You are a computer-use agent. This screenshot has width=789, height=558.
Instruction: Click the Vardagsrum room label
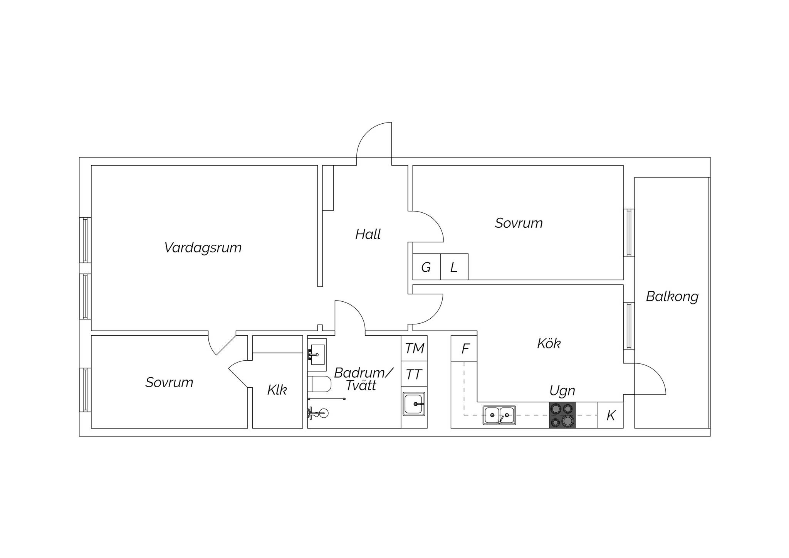pyautogui.click(x=203, y=248)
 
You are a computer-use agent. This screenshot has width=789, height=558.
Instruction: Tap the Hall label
pyautogui.click(x=368, y=234)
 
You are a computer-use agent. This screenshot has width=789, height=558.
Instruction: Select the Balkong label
pyautogui.click(x=672, y=297)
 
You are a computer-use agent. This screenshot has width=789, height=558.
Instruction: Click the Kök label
pyautogui.click(x=549, y=343)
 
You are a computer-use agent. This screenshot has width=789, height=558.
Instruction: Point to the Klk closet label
pyautogui.click(x=277, y=390)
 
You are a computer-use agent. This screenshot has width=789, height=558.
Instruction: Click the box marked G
pyautogui.click(x=426, y=267)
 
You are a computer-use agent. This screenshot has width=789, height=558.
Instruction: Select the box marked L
pyautogui.click(x=454, y=267)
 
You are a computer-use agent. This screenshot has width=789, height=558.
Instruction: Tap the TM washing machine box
pyautogui.click(x=414, y=348)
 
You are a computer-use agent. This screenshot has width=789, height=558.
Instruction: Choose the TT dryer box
pyautogui.click(x=414, y=374)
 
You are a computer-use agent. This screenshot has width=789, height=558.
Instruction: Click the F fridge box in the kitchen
pyautogui.click(x=464, y=349)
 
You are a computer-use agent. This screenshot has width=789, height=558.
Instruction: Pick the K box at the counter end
pyautogui.click(x=610, y=415)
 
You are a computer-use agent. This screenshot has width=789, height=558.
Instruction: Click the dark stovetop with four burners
pyautogui.click(x=562, y=415)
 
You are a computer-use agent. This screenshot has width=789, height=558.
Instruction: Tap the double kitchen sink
pyautogui.click(x=499, y=415)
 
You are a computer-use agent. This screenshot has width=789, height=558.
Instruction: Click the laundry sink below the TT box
pyautogui.click(x=414, y=404)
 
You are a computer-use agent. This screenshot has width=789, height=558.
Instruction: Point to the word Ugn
pyautogui.click(x=562, y=391)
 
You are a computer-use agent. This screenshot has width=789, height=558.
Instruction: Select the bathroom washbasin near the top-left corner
pyautogui.click(x=317, y=351)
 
